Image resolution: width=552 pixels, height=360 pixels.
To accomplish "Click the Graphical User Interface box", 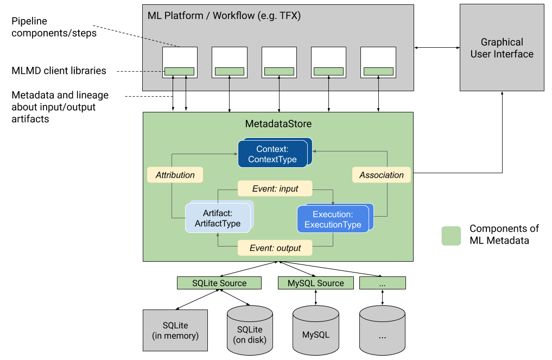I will pyautogui.click(x=502, y=48).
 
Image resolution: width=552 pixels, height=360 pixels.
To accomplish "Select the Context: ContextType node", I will pyautogui.click(x=272, y=154).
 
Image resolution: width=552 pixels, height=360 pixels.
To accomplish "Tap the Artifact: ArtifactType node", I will pyautogui.click(x=217, y=218).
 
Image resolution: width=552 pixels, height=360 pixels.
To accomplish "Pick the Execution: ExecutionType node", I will pyautogui.click(x=332, y=219).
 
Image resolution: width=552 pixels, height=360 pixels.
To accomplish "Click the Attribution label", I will pyautogui.click(x=175, y=175).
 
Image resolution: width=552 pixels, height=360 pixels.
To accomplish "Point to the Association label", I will pyautogui.click(x=382, y=175).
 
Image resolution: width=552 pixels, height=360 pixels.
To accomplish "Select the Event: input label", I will pyautogui.click(x=275, y=189).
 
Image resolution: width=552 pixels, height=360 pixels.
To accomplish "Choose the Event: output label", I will pyautogui.click(x=275, y=248).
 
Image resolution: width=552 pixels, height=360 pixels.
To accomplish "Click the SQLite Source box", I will pyautogui.click(x=219, y=283).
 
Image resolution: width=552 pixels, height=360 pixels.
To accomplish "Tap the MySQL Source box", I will pyautogui.click(x=315, y=283).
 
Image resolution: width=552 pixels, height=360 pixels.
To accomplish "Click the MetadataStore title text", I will pyautogui.click(x=278, y=124).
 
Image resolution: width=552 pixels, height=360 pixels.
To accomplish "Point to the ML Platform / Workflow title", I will pyautogui.click(x=224, y=16).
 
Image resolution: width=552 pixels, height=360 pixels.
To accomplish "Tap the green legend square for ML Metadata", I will pyautogui.click(x=451, y=236).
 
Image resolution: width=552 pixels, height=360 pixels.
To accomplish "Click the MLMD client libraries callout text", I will pyautogui.click(x=59, y=71).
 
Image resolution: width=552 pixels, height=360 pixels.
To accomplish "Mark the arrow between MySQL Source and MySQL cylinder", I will pyautogui.click(x=315, y=297).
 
